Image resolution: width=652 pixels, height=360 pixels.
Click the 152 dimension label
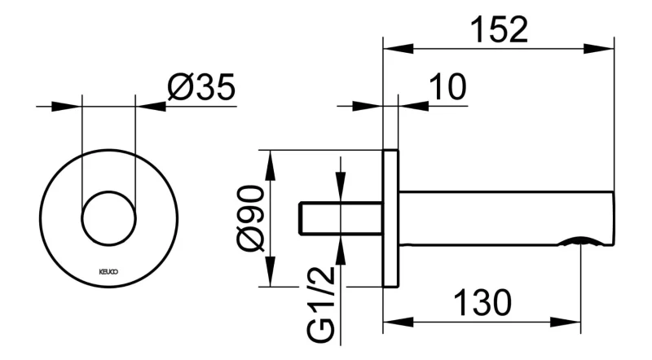500,30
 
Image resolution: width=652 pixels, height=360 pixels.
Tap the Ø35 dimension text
201,87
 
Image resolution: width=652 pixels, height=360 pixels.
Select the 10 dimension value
447,87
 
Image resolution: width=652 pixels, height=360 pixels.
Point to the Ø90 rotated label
251,218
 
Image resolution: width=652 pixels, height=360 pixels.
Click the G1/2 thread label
321,305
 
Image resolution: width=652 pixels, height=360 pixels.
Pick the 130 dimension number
482,303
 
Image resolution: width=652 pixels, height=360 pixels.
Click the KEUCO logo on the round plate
108,272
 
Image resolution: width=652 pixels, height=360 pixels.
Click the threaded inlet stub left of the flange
341,218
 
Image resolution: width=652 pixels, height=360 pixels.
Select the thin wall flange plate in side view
390,218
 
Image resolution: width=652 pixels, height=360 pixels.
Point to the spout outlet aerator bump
580,241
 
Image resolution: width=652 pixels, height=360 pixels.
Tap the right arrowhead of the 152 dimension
599,48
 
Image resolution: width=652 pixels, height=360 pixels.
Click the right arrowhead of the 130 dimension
565,323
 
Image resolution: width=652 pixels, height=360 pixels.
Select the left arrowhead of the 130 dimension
399,323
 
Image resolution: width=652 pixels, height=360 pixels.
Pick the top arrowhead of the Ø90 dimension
271,165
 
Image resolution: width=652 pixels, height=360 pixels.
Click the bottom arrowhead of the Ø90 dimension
271,271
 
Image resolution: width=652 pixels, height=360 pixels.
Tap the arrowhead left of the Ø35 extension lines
67,106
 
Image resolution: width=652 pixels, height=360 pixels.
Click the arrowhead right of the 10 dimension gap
414,106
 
